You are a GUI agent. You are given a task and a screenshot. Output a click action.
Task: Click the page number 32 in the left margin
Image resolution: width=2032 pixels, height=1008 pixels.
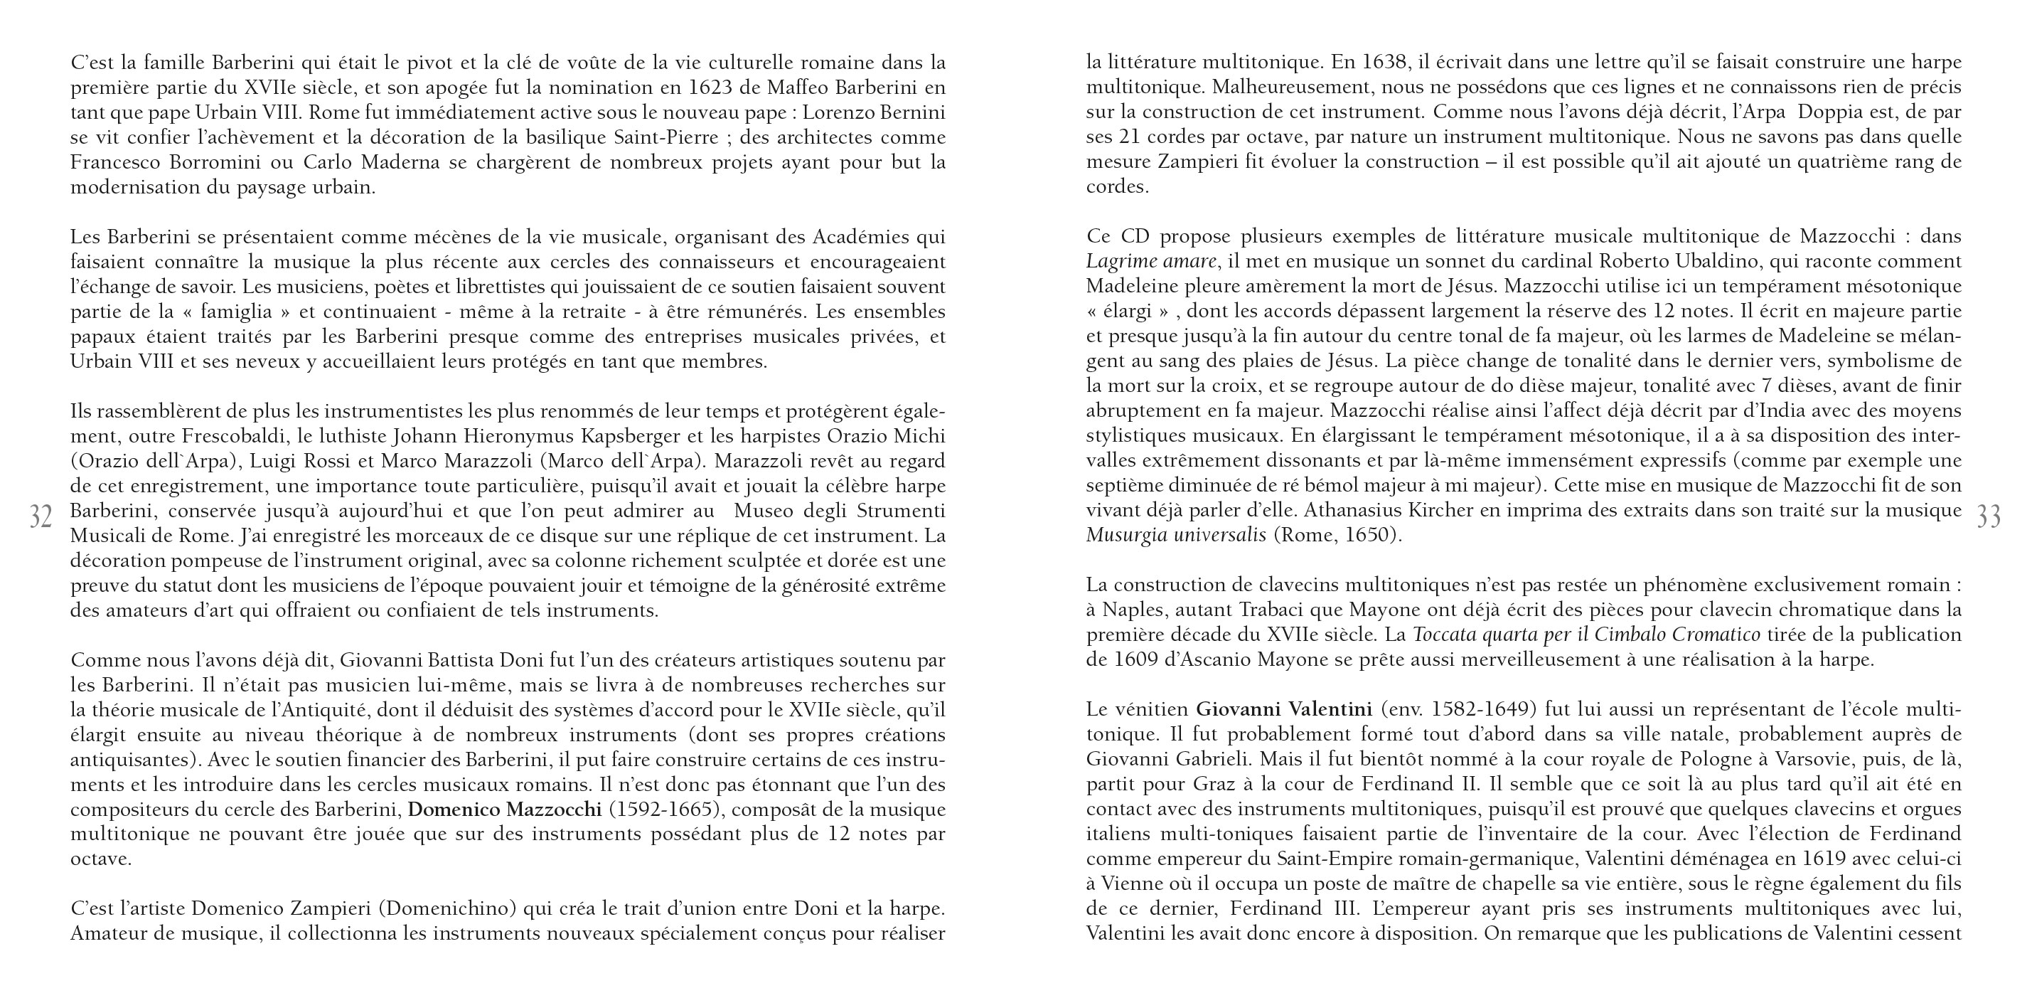(41, 517)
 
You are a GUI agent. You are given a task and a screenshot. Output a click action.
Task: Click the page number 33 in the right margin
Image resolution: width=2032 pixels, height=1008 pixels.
(1989, 517)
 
